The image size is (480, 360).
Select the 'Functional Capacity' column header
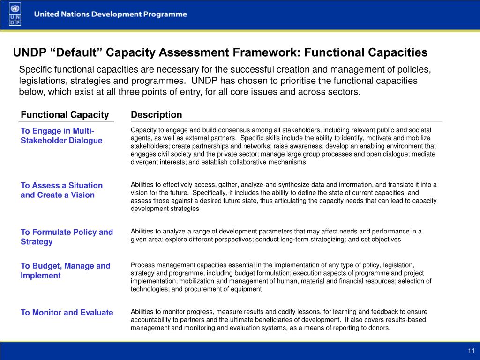tap(65, 115)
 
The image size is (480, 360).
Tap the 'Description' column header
tap(157, 115)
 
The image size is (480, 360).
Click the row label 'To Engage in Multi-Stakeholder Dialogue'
tap(61, 135)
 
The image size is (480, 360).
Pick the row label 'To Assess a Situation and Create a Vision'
tap(61, 190)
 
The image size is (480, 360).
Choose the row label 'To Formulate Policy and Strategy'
tap(67, 237)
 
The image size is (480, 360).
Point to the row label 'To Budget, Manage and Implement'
tap(65, 270)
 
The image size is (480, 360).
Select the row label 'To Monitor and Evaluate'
tap(67, 313)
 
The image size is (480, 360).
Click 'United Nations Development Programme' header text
tap(110, 14)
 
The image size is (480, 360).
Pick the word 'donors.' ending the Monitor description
tap(378, 328)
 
